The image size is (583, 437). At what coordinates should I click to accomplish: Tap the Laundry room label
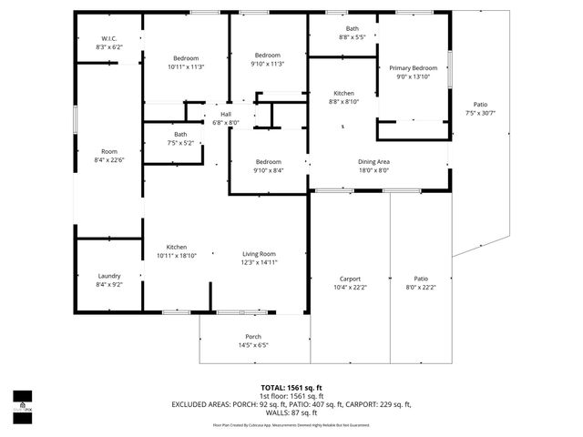click(x=109, y=275)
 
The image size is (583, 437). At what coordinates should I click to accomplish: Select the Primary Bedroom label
click(x=413, y=68)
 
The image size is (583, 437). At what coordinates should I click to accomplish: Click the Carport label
click(x=350, y=279)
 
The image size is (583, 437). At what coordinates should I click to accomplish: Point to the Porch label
click(x=253, y=336)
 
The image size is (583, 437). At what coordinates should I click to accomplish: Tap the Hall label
click(x=225, y=114)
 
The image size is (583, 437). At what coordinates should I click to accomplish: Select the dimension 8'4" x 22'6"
click(x=109, y=160)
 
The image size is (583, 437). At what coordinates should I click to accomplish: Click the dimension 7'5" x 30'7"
click(x=480, y=113)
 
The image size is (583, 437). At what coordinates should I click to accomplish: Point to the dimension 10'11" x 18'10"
click(x=177, y=256)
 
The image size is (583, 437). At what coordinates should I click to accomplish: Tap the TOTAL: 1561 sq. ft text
click(x=291, y=387)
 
